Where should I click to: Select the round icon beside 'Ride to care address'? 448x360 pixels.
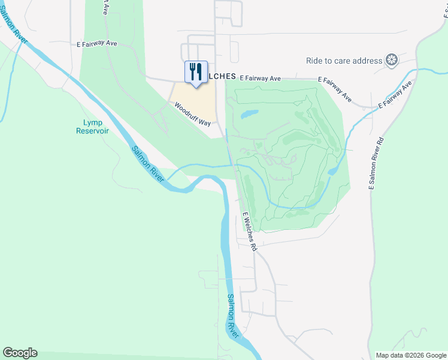[392, 60]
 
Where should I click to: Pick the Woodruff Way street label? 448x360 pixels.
[193, 114]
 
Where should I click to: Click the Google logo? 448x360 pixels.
[20, 353]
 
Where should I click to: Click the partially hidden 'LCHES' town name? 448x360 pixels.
[222, 77]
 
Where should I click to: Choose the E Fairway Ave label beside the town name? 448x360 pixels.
[261, 78]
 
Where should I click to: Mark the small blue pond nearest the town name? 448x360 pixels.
[249, 113]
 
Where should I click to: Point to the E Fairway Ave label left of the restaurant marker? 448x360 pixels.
[97, 44]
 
